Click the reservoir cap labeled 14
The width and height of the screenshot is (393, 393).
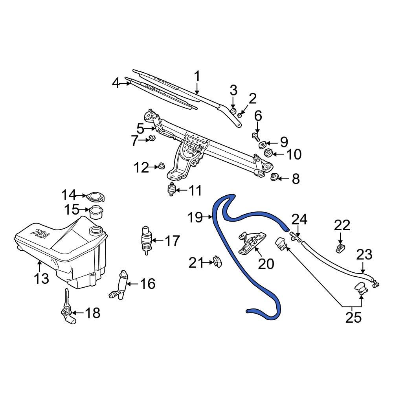click(x=94, y=196)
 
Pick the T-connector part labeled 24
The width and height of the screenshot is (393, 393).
click(x=296, y=236)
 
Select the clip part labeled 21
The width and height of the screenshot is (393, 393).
click(x=217, y=261)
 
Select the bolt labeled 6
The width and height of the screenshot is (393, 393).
click(x=256, y=137)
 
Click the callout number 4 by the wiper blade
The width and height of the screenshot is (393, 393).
click(x=115, y=83)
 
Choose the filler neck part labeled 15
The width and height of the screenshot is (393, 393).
click(x=96, y=212)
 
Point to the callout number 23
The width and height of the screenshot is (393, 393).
click(x=364, y=255)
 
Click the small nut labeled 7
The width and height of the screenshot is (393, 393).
click(x=152, y=138)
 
